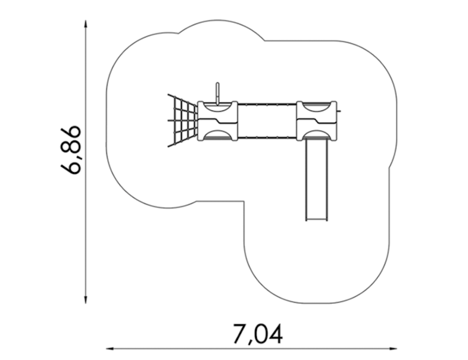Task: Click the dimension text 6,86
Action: (x=70, y=150)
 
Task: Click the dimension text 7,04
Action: (x=257, y=334)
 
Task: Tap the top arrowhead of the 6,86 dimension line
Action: (x=85, y=24)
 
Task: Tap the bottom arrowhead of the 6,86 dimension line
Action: (x=85, y=300)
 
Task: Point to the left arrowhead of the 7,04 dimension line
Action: (x=111, y=348)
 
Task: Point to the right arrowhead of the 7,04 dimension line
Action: (x=393, y=348)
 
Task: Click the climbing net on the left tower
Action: (x=183, y=121)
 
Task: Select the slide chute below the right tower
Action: (x=316, y=180)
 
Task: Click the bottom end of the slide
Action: (x=316, y=221)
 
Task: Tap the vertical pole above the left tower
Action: (x=218, y=93)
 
